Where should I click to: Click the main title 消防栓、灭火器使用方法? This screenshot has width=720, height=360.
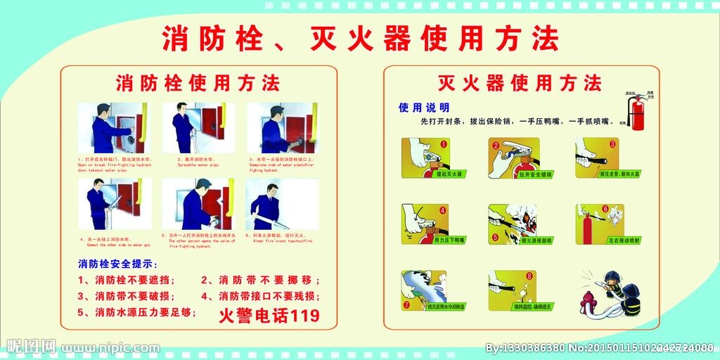click(x=360, y=38)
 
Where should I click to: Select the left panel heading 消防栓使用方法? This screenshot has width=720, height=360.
click(x=198, y=83)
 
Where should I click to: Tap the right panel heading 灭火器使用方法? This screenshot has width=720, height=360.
click(x=520, y=83)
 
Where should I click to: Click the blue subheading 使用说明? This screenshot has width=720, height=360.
click(x=424, y=108)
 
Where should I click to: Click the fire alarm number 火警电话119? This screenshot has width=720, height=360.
click(x=269, y=315)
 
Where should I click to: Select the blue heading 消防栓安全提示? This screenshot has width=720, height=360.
click(x=117, y=264)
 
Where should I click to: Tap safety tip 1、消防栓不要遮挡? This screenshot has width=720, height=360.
click(x=127, y=280)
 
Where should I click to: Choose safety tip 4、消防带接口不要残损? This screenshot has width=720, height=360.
click(x=260, y=296)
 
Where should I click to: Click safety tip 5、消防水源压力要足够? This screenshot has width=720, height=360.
click(x=136, y=312)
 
